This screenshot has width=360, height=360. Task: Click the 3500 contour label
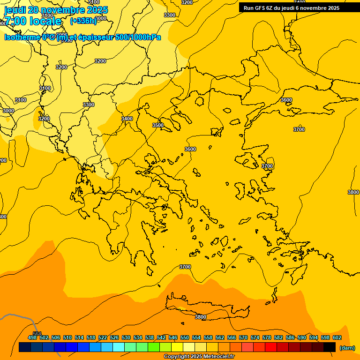pos(158,125)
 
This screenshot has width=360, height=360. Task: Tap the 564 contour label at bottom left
pos(37,334)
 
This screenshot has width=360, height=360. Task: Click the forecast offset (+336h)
pos(83,21)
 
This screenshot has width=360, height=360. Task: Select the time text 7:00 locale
pos(33,21)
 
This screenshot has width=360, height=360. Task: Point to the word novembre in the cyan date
pos(64,10)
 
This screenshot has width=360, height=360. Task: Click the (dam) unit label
pos(347,348)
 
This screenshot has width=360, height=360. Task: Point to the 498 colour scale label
pos(32,337)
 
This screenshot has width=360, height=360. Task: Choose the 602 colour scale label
pos(337,337)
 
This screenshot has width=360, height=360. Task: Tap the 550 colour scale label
pos(185,337)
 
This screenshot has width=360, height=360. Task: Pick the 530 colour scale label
pos(126,337)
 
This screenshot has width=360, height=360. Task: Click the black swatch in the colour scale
pos(330,347)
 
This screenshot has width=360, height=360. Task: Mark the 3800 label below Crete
pos(200,317)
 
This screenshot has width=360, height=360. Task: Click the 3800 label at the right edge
pos(353,192)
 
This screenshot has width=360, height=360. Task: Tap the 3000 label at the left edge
pos(8,111)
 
